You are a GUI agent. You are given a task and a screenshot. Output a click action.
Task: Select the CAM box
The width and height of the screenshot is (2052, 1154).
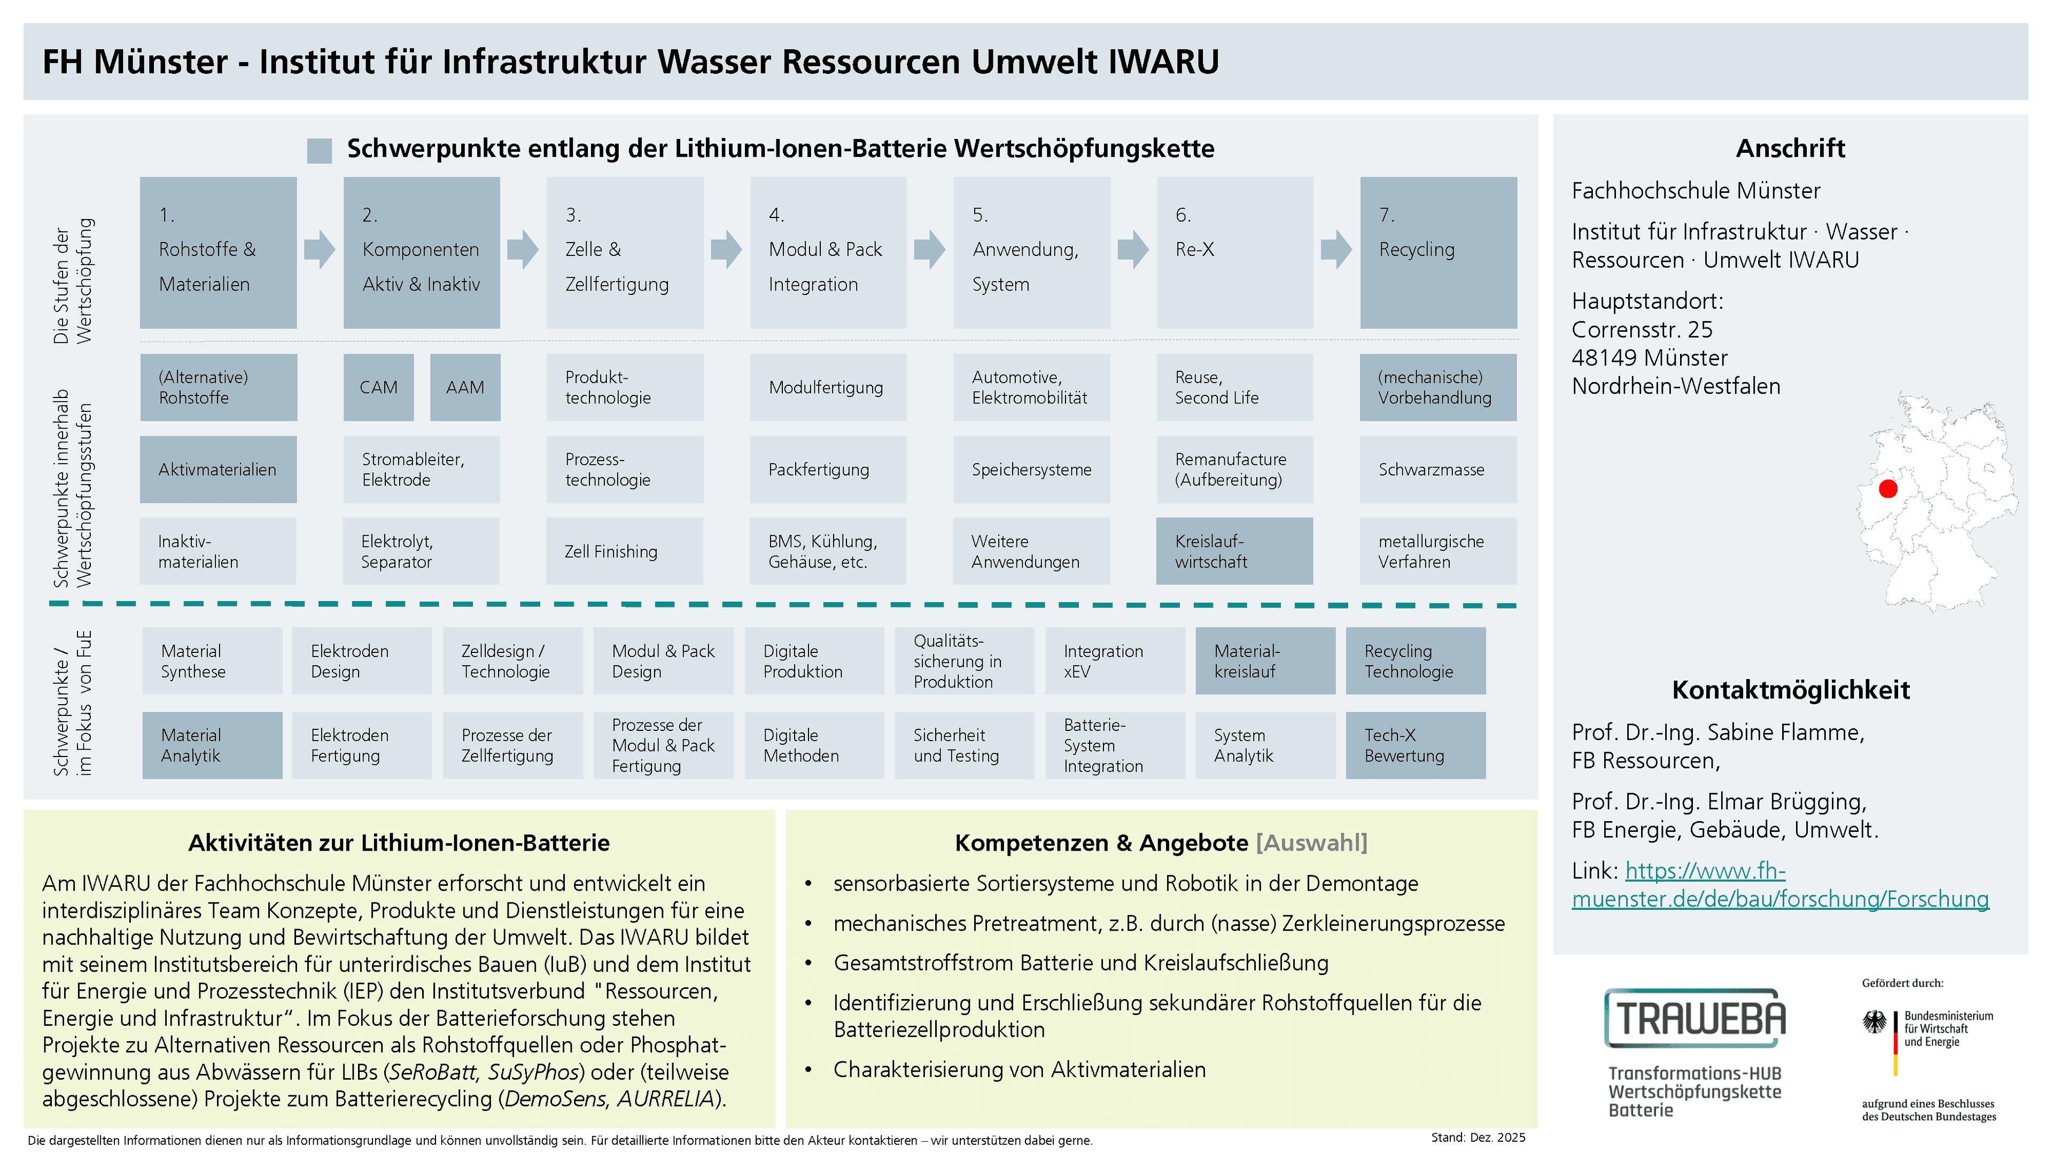pyautogui.click(x=378, y=387)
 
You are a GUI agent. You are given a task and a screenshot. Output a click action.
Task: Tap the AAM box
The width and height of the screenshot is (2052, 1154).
pyautogui.click(x=465, y=387)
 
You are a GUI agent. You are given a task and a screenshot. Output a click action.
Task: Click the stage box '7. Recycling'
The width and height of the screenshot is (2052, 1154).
pyautogui.click(x=1439, y=253)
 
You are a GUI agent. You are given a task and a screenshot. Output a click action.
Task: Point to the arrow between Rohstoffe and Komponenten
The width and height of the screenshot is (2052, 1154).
pyautogui.click(x=320, y=249)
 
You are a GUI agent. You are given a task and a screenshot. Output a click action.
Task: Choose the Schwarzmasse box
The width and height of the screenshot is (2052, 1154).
pyautogui.click(x=1439, y=469)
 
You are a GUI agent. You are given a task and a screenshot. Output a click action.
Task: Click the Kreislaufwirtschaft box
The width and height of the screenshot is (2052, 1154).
pyautogui.click(x=1235, y=551)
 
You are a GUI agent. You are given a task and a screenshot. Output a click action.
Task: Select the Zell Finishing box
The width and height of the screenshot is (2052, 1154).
pyautogui.click(x=625, y=551)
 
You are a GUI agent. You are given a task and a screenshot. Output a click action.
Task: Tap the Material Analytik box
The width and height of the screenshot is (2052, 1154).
pyautogui.click(x=212, y=745)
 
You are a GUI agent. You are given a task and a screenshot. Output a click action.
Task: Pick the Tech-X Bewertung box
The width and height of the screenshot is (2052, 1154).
pyautogui.click(x=1416, y=745)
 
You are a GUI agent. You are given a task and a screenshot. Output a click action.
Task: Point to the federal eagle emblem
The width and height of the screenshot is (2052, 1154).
pyautogui.click(x=1875, y=1023)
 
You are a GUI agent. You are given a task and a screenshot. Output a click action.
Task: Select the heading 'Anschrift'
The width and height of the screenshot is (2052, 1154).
pyautogui.click(x=1790, y=148)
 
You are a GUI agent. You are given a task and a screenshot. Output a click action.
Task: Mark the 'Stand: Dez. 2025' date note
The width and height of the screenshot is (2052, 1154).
pyautogui.click(x=1478, y=1137)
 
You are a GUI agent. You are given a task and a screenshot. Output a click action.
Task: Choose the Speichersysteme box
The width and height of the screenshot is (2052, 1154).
pyautogui.click(x=1031, y=469)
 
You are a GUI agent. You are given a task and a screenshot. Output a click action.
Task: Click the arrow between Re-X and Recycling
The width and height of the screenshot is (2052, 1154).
pyautogui.click(x=1336, y=249)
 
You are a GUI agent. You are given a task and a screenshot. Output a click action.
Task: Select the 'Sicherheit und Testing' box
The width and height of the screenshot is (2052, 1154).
pyautogui.click(x=965, y=745)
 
